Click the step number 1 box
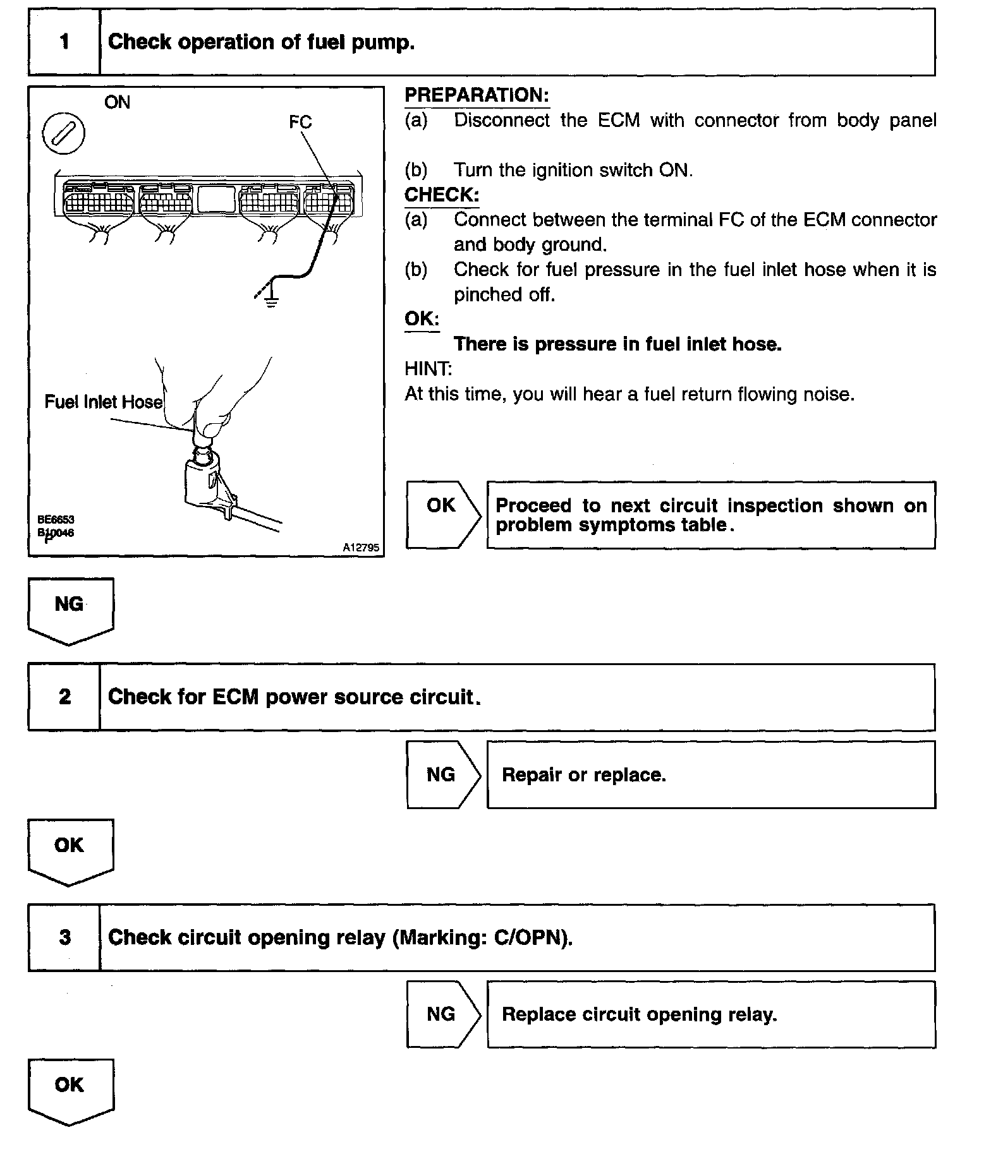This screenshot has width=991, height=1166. (64, 42)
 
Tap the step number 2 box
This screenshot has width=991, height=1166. (64, 697)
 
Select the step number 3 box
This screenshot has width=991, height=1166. (64, 937)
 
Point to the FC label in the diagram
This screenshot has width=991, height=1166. (300, 122)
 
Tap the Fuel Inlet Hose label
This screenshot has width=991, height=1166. (103, 402)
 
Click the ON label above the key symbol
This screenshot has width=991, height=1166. (117, 102)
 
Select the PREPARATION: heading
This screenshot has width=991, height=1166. (477, 95)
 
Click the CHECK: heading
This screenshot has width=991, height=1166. (442, 195)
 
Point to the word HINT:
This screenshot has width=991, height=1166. (428, 369)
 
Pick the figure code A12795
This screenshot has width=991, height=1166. (361, 548)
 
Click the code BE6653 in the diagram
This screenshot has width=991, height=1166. (56, 519)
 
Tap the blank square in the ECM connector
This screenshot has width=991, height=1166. (216, 198)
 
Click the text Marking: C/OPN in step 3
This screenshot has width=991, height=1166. (480, 937)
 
